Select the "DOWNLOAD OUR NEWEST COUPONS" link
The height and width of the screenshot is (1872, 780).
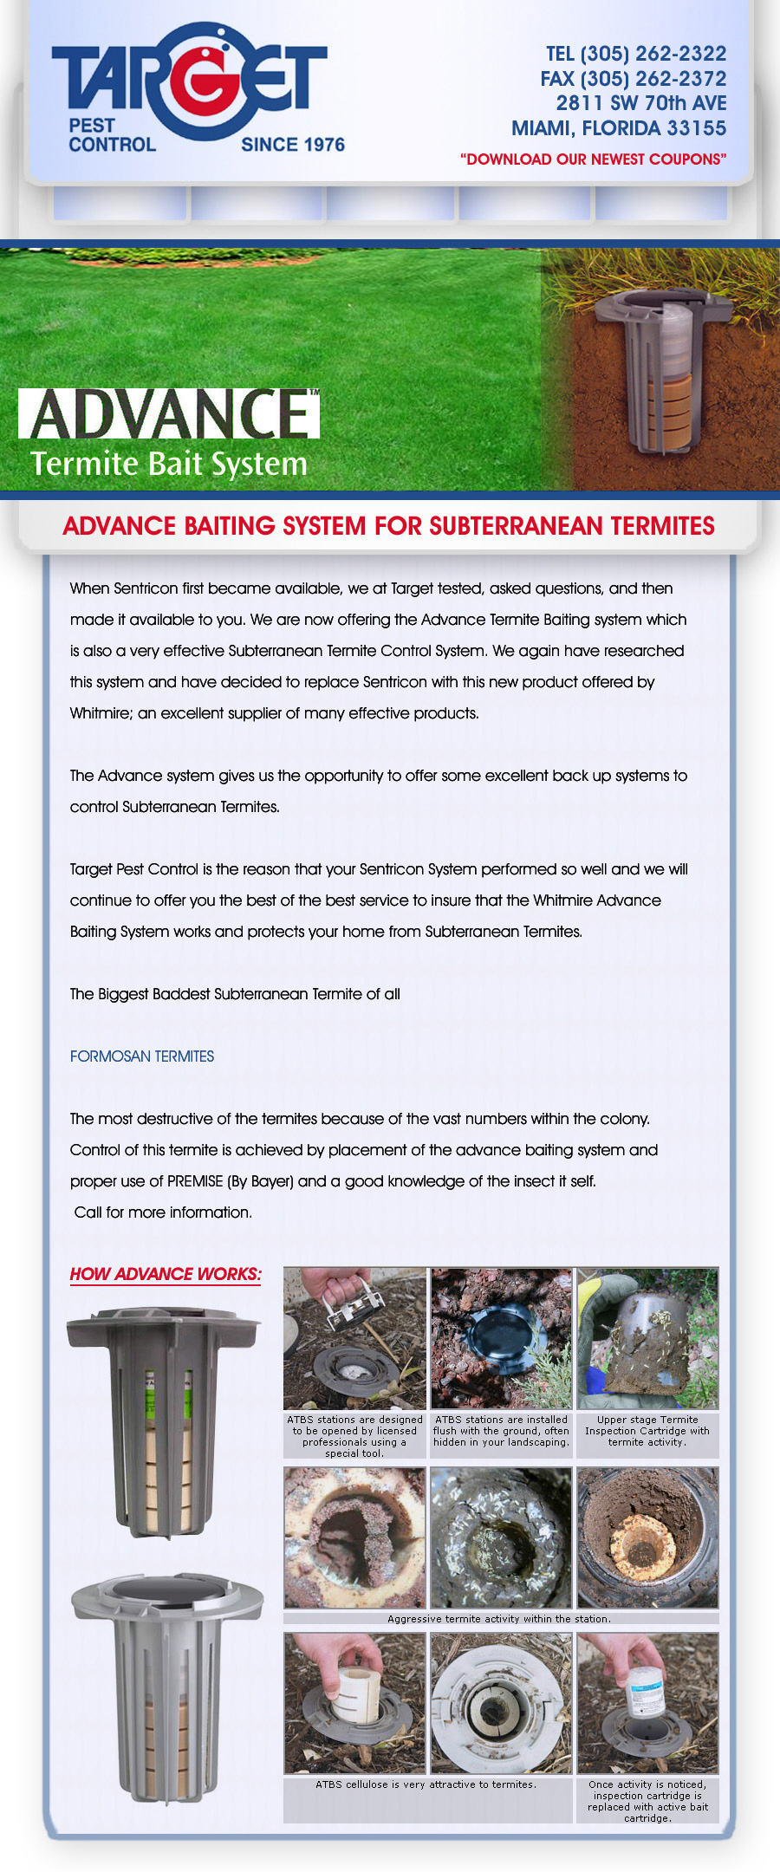[593, 159]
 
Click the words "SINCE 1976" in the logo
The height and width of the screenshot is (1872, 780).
[292, 145]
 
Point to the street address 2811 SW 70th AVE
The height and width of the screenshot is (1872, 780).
[640, 103]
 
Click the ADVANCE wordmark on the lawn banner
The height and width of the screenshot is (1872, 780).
[169, 413]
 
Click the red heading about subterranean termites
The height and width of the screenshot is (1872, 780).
[388, 526]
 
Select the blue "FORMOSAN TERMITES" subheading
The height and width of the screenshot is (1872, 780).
[142, 1056]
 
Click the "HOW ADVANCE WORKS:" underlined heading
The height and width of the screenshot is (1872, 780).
[165, 1274]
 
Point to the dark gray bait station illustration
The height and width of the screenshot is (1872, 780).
[163, 1417]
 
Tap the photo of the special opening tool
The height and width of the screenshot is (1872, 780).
[354, 1338]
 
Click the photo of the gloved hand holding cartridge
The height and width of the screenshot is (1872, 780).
[647, 1338]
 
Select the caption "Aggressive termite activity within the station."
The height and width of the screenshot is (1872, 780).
[499, 1619]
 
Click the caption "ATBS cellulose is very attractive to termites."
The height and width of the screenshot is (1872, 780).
[426, 1784]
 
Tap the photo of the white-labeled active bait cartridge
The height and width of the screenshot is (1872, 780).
[647, 1703]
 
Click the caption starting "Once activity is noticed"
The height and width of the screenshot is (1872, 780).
[647, 1801]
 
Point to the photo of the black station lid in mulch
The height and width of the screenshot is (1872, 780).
[501, 1338]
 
